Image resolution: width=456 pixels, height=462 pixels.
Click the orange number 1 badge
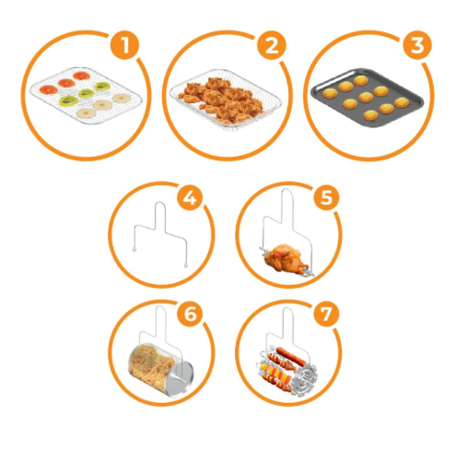tap(124, 46)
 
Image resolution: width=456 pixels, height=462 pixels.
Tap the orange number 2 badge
tap(271, 46)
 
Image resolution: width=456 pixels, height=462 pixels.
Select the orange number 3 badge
tap(417, 45)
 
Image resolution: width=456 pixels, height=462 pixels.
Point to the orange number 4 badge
tap(190, 197)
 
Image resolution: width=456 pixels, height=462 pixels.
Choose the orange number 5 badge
tap(326, 197)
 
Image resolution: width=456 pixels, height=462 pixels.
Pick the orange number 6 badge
tap(190, 314)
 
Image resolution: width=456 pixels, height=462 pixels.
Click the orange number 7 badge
tap(326, 314)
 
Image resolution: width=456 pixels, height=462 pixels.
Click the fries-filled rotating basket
tap(160, 370)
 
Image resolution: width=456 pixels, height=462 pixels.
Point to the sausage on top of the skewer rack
tap(290, 356)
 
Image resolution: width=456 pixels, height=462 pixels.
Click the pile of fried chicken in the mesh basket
tap(223, 99)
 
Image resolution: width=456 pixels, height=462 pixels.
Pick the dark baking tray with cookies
tap(367, 97)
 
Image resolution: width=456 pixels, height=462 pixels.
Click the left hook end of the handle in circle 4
tap(134, 249)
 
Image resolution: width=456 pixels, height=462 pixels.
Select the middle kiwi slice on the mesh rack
tap(86, 92)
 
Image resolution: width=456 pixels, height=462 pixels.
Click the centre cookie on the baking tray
tap(366, 97)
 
